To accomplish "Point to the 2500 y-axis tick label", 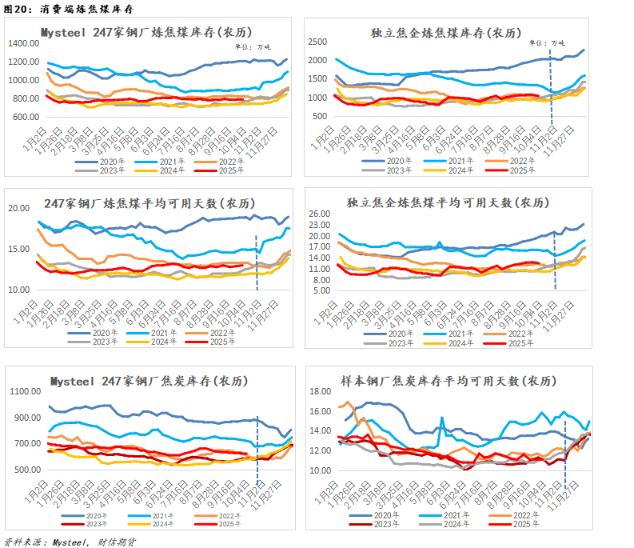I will tap(317, 42).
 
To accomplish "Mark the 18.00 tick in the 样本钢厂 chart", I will tap(320, 391).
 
